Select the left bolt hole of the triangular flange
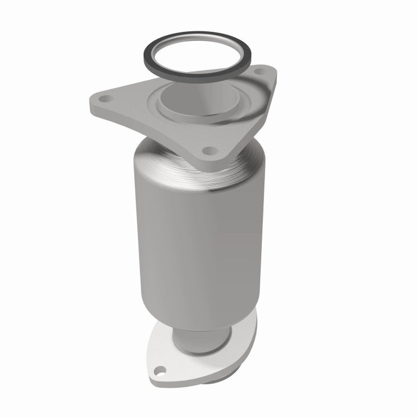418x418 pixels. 104,99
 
